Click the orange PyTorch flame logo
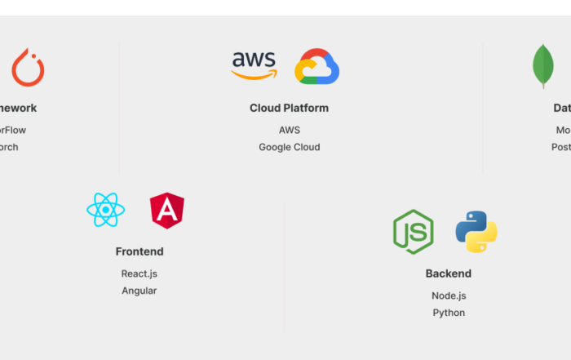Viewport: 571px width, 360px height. pyautogui.click(x=28, y=68)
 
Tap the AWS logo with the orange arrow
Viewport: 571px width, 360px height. pyautogui.click(x=254, y=66)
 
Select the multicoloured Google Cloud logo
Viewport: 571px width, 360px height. pyautogui.click(x=316, y=67)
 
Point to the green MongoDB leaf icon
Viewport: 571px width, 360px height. pyautogui.click(x=543, y=67)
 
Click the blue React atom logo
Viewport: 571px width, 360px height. pyautogui.click(x=106, y=211)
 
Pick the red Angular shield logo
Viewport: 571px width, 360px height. pyautogui.click(x=167, y=211)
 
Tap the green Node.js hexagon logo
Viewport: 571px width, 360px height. pyautogui.click(x=413, y=232)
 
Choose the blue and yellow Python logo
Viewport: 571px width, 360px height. pyautogui.click(x=476, y=232)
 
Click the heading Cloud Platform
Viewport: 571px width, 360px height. pyautogui.click(x=289, y=108)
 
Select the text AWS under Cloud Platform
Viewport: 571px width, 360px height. pyautogui.click(x=289, y=130)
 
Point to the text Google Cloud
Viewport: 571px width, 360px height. pyautogui.click(x=289, y=148)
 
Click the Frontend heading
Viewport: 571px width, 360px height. pyautogui.click(x=139, y=251)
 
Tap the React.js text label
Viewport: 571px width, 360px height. pyautogui.click(x=139, y=273)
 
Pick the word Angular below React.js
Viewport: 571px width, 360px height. pyautogui.click(x=139, y=291)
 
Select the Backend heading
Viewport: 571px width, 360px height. pyautogui.click(x=448, y=273)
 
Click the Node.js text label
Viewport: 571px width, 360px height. pyautogui.click(x=448, y=296)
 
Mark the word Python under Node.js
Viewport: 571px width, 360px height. pyautogui.click(x=448, y=313)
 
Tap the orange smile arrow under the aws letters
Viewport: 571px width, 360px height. pyautogui.click(x=254, y=76)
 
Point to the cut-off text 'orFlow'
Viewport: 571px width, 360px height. pyautogui.click(x=12, y=130)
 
